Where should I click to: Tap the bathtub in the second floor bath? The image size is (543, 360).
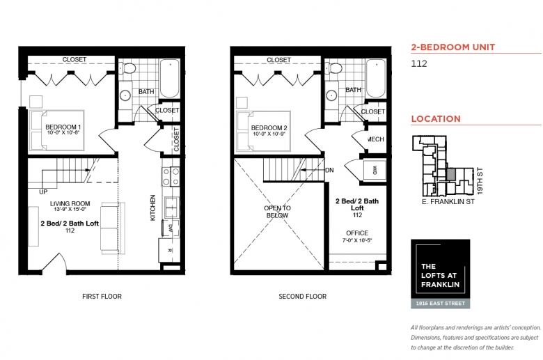pos(376,79)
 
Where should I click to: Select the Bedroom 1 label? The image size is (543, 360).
pos(63,127)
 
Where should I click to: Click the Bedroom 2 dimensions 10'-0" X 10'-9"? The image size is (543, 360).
pos(269,134)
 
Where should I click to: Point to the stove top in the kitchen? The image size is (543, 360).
pos(171,176)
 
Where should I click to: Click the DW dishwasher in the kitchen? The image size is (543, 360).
pos(171,228)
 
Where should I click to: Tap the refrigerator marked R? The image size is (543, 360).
pos(169,250)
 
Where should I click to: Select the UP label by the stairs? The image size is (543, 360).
pos(43,192)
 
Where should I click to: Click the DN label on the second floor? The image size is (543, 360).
pos(329,170)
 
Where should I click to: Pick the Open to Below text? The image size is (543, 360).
pos(277,212)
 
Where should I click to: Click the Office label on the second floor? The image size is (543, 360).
pos(357,233)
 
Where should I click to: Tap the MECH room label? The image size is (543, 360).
pos(376,139)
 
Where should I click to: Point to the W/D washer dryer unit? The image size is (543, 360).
pos(375,170)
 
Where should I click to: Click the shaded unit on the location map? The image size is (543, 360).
pos(450,175)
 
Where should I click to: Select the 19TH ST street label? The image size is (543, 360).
pos(480,181)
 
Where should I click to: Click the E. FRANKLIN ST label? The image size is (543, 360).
pos(448,202)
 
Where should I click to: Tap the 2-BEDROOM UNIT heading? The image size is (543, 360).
pos(453,47)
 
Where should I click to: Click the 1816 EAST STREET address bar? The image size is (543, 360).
pos(441,304)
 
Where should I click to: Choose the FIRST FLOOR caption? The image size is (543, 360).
pos(102,297)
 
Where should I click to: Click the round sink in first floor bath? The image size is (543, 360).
pos(125,95)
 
